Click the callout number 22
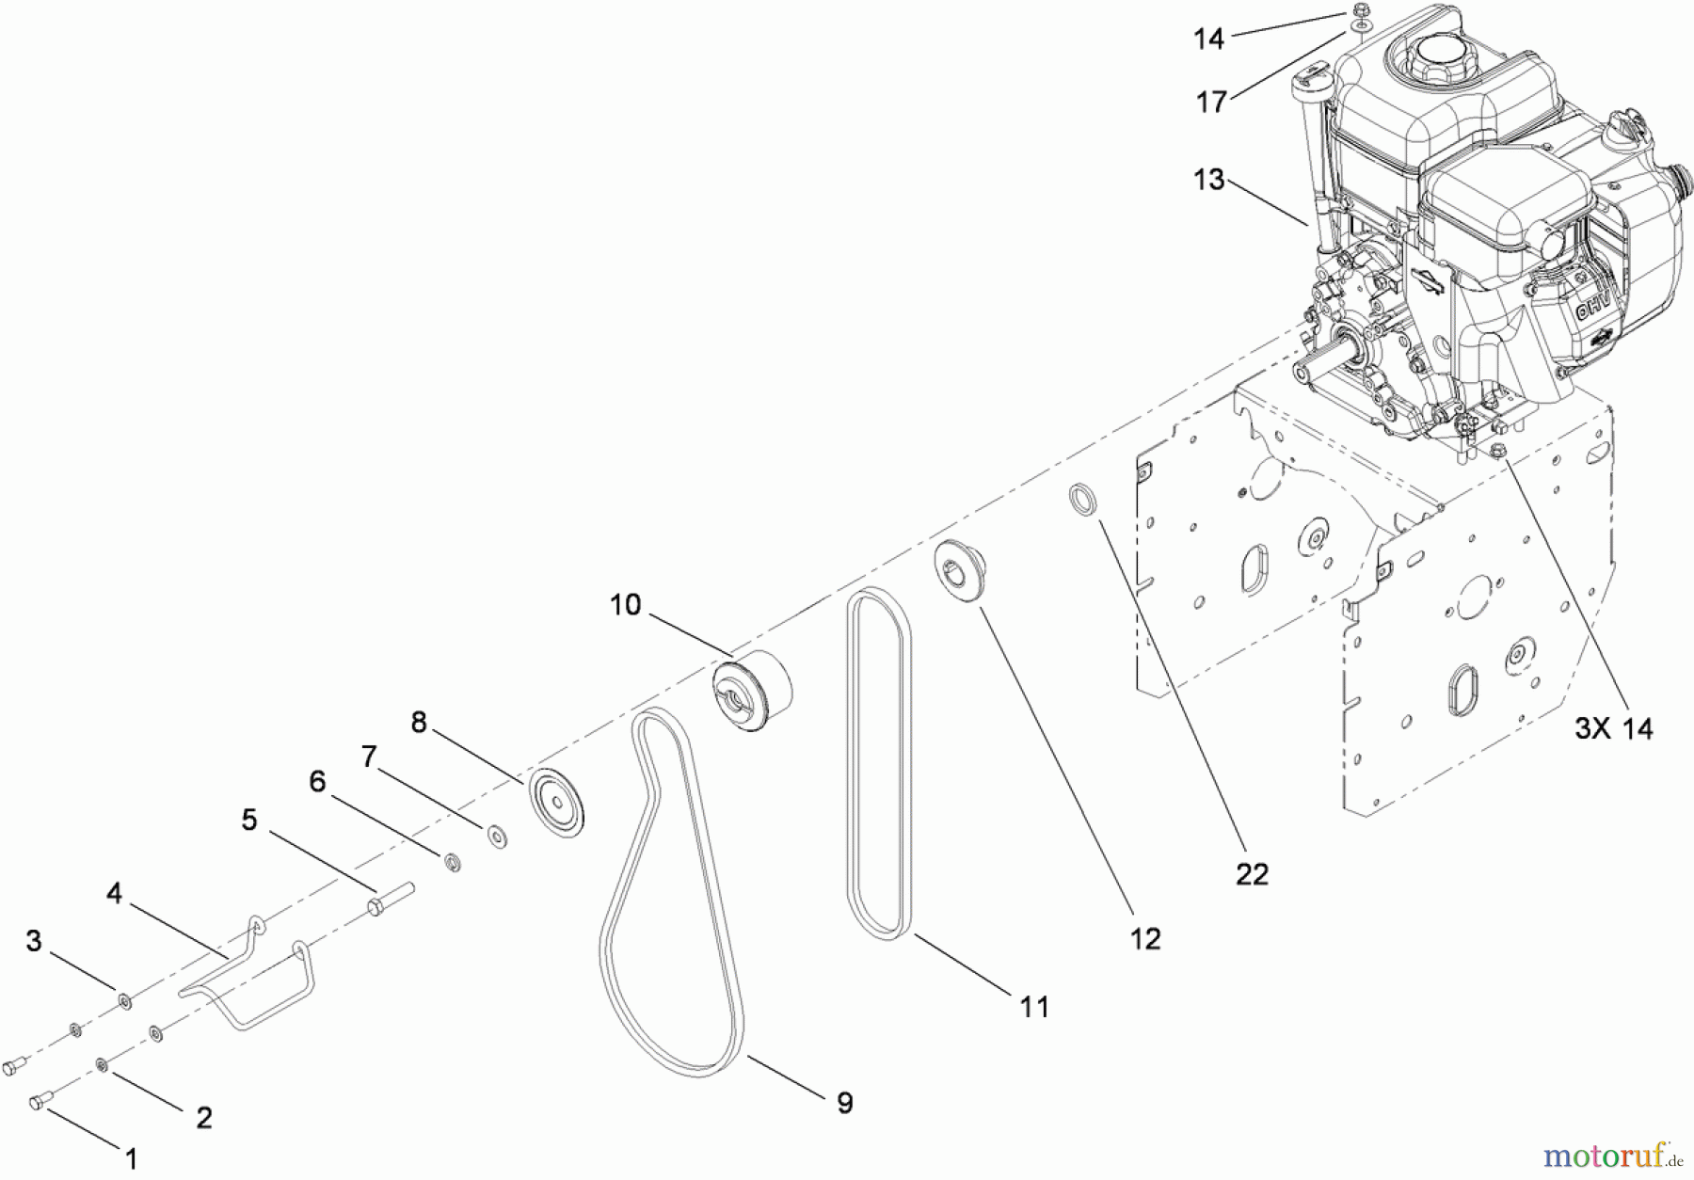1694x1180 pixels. (x=1252, y=874)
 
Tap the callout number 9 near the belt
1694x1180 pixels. (x=844, y=1103)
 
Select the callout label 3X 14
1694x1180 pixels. (x=1614, y=728)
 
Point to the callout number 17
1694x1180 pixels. (x=1211, y=102)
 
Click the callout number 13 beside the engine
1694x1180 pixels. (x=1209, y=179)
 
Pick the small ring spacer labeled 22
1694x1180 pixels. (x=1084, y=499)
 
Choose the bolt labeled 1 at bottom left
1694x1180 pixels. (x=42, y=1099)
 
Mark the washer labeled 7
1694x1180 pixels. (x=498, y=836)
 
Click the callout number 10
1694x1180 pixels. (x=625, y=604)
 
